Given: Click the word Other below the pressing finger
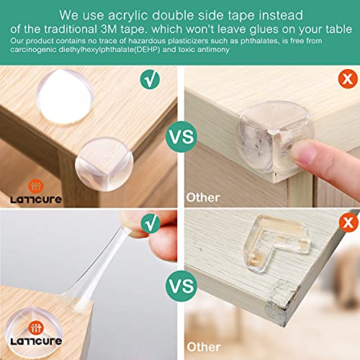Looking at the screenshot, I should (204, 197).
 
